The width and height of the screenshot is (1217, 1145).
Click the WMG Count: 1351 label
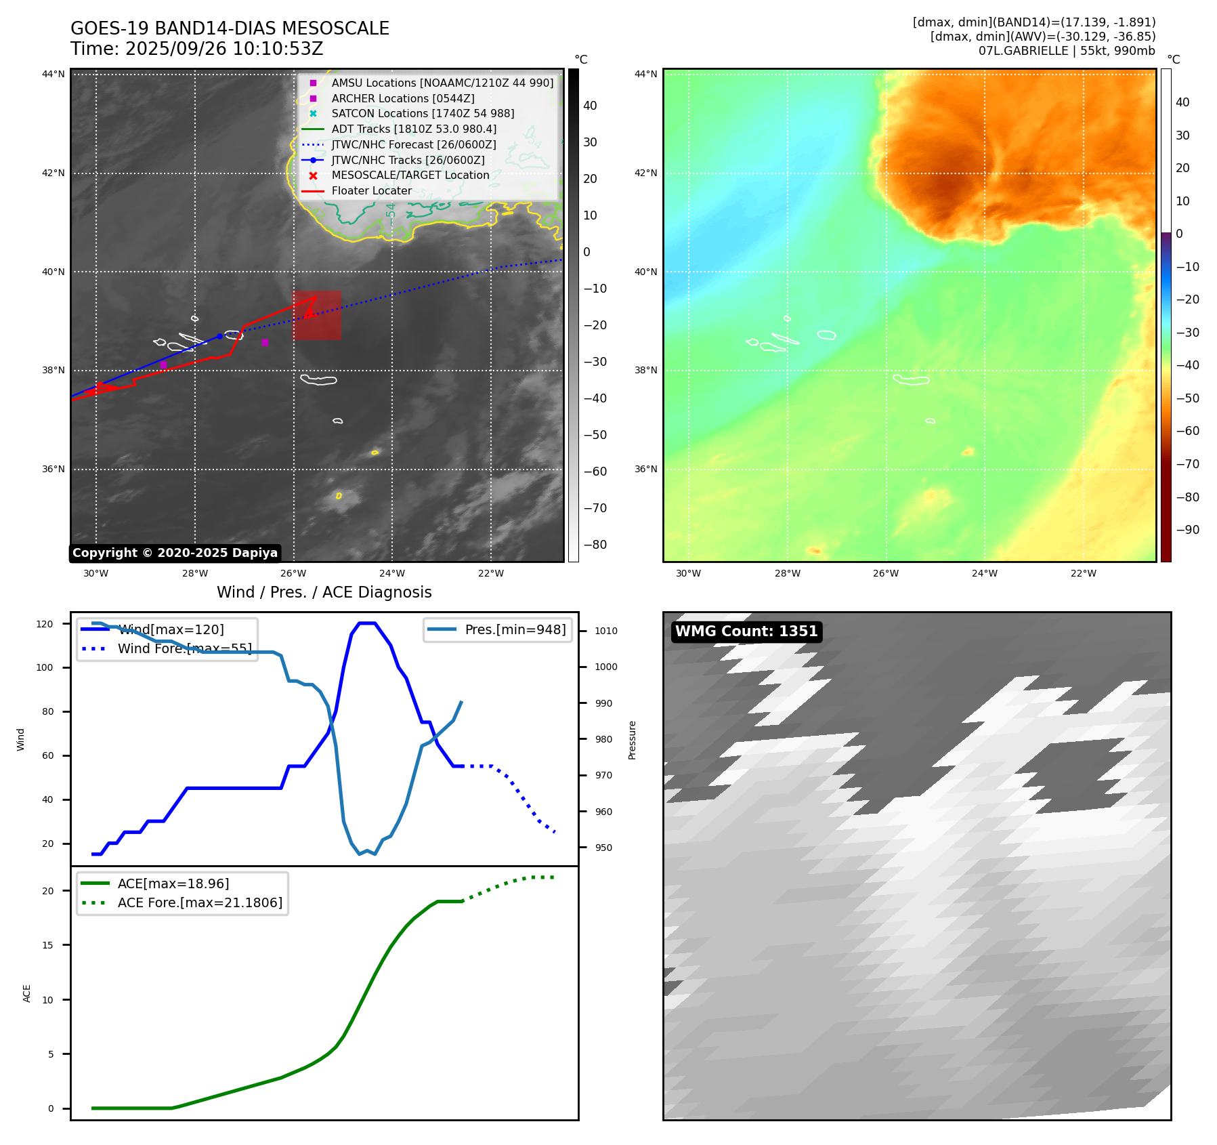tap(746, 631)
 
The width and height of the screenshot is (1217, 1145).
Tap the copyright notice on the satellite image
tap(175, 553)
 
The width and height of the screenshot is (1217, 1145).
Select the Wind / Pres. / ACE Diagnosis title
tap(324, 592)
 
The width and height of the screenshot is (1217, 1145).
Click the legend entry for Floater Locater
tap(371, 191)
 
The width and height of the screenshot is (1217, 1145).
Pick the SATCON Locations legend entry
tap(423, 114)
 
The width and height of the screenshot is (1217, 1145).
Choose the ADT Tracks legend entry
tap(414, 129)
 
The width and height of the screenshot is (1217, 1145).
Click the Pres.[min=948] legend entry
tap(515, 629)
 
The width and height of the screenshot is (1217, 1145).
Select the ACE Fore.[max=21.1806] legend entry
tap(200, 902)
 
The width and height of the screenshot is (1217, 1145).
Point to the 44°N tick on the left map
tap(54, 75)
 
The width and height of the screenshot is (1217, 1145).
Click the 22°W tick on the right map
tap(1083, 573)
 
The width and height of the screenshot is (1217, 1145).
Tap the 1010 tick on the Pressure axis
tap(605, 631)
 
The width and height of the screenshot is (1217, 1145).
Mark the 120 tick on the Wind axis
tap(45, 624)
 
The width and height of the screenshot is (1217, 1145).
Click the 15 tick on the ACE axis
tap(47, 945)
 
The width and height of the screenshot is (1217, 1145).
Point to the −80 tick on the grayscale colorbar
tap(595, 545)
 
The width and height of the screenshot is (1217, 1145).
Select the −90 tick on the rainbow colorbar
tap(1187, 530)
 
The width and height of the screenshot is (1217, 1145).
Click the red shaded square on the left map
tap(317, 316)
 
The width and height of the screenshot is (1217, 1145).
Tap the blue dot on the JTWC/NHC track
tap(219, 336)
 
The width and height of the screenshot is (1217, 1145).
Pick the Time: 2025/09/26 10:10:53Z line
tap(196, 49)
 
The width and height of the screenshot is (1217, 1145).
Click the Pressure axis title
tap(632, 740)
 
